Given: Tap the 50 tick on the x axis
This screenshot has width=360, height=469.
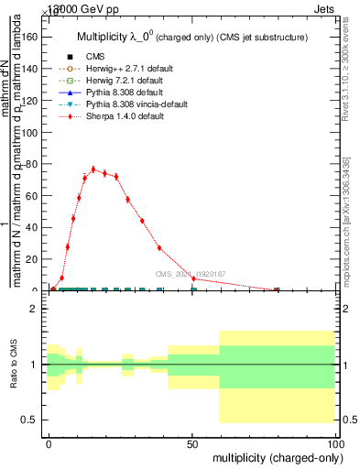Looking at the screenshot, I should pyautogui.click(x=192, y=442).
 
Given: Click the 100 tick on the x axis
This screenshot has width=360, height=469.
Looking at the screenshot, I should pyautogui.click(x=335, y=442).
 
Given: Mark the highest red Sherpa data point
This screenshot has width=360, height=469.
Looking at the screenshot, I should pyautogui.click(x=93, y=169).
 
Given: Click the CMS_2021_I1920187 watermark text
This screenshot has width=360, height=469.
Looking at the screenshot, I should pyautogui.click(x=190, y=274).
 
